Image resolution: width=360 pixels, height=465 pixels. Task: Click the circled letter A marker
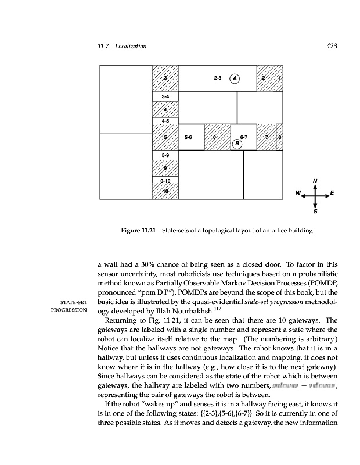235,78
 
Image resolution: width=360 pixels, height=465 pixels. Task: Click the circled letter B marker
237,143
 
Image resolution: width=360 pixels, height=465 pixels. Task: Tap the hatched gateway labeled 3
165,78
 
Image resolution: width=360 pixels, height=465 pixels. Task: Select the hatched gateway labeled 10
165,191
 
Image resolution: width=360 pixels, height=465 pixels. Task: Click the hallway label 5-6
188,137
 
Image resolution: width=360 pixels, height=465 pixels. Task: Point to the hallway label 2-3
218,77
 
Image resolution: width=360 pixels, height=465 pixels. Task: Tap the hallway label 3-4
165,95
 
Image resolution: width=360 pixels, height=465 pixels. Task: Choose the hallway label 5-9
165,155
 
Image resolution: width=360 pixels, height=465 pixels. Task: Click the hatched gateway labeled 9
165,168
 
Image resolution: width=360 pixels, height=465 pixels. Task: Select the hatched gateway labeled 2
264,78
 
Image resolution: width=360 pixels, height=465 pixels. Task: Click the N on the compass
314,181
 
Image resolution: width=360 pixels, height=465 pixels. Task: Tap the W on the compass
298,192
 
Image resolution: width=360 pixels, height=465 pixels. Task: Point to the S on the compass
315,212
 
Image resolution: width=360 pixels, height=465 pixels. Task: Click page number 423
332,46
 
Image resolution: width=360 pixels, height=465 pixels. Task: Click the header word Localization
131,46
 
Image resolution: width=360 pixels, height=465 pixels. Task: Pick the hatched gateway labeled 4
165,109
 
